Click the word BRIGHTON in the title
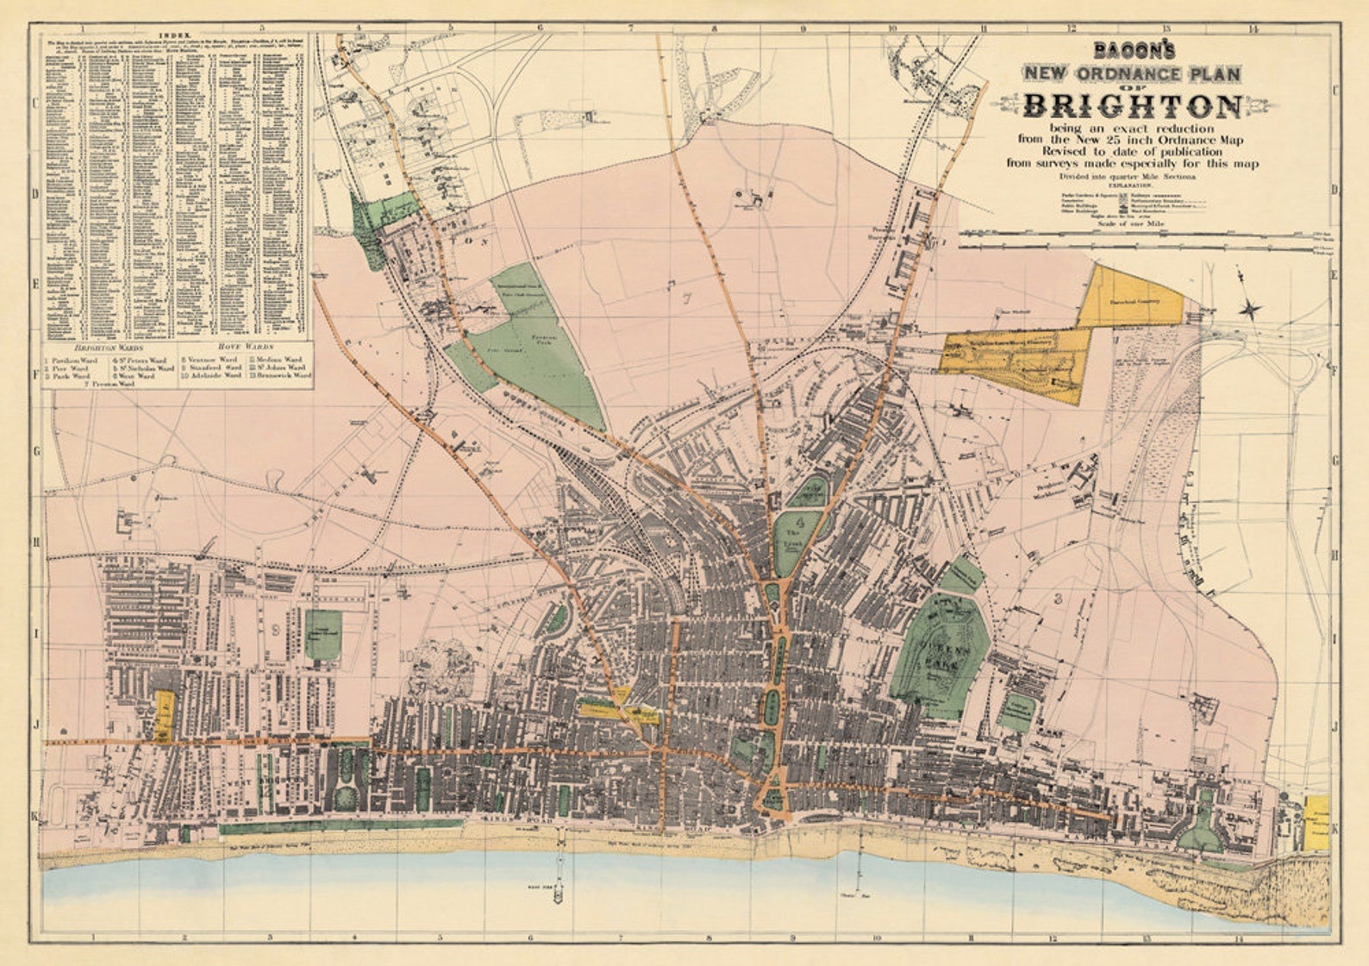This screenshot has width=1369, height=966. click(1132, 106)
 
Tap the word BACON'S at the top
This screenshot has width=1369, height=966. click(1131, 51)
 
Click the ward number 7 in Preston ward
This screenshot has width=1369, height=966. click(686, 299)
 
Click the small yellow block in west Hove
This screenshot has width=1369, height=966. click(164, 714)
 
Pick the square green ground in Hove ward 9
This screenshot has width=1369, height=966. click(322, 635)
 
